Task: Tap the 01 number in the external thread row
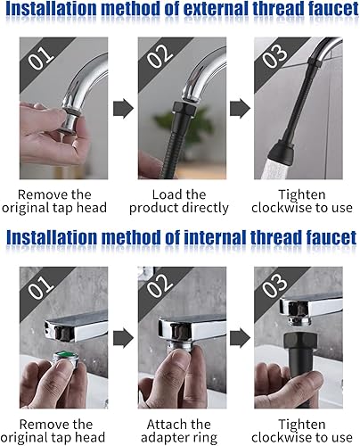[x=41, y=59]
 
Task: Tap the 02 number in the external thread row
[x=160, y=56]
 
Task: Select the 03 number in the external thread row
[x=275, y=56]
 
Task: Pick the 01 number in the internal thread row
[x=41, y=287]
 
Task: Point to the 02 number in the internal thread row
[x=160, y=285]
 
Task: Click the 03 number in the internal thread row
[x=275, y=285]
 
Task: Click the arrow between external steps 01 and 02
[x=123, y=109]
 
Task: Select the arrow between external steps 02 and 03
[x=240, y=109]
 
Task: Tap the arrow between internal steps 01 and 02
[x=123, y=338]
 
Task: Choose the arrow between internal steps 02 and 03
[x=240, y=338]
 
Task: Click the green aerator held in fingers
[x=65, y=359]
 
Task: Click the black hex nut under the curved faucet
[x=184, y=110]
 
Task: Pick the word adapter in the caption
[x=160, y=438]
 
